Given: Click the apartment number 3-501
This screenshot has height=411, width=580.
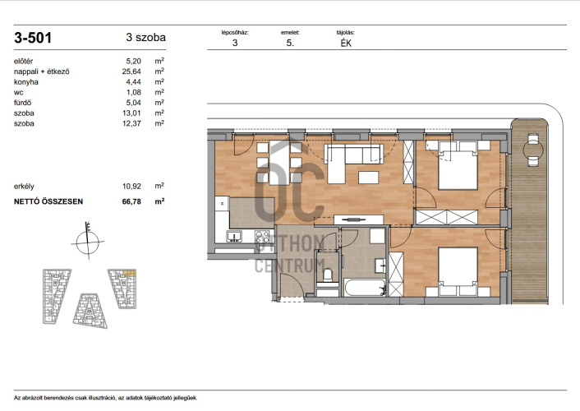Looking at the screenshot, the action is pyautogui.click(x=33, y=38).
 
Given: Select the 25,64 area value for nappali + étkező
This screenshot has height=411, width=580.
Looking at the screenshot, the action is pyautogui.click(x=131, y=72).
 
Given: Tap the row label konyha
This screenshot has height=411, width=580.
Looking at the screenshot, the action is pyautogui.click(x=26, y=82).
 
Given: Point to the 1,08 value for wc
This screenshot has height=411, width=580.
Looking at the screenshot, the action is pyautogui.click(x=134, y=92).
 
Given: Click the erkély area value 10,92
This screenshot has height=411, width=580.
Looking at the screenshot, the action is pyautogui.click(x=131, y=187).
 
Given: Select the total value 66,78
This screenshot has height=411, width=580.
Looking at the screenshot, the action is pyautogui.click(x=131, y=201).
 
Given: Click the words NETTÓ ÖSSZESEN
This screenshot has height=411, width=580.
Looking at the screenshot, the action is pyautogui.click(x=48, y=201).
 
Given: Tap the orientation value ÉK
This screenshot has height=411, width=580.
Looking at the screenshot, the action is pyautogui.click(x=346, y=44).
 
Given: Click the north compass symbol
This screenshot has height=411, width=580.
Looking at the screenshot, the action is pyautogui.click(x=88, y=241).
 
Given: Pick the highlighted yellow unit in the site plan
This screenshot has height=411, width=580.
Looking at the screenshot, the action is pyautogui.click(x=130, y=273).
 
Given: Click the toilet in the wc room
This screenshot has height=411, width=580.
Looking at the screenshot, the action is pyautogui.click(x=327, y=275).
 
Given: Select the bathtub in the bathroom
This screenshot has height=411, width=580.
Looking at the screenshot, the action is pyautogui.click(x=365, y=288).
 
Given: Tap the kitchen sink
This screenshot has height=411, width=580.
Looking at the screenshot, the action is pyautogui.click(x=234, y=236).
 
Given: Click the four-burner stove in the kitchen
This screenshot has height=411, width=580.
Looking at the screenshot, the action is pyautogui.click(x=262, y=236).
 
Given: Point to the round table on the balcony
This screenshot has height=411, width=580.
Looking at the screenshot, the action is pyautogui.click(x=533, y=150).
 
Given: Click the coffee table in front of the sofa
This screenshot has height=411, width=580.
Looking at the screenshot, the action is pyautogui.click(x=368, y=178).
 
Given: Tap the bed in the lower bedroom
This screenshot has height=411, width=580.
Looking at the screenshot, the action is pyautogui.click(x=458, y=271).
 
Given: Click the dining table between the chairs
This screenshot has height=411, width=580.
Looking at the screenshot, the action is pyautogui.click(x=279, y=163).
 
